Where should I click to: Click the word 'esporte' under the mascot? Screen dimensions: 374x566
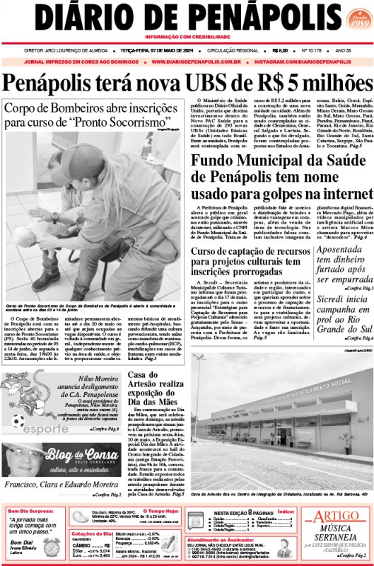[x=42, y=429]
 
